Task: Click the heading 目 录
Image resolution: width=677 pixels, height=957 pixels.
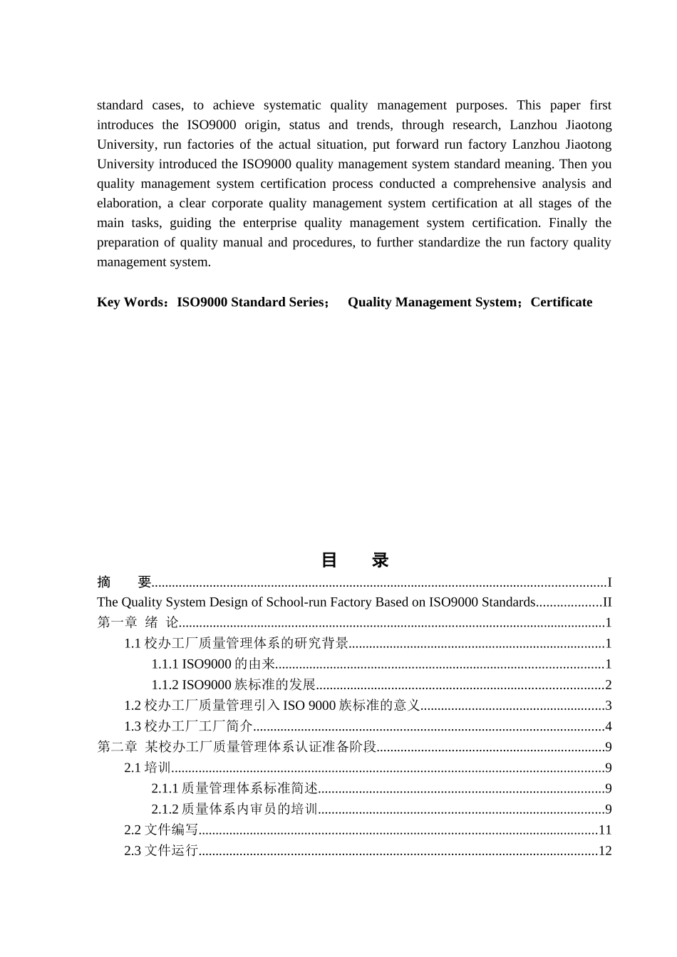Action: pos(354,560)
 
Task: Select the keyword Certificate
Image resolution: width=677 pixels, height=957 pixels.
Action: pos(561,302)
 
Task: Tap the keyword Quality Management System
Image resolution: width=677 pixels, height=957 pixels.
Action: pos(432,302)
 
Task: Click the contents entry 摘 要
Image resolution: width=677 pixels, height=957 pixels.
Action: pos(125,582)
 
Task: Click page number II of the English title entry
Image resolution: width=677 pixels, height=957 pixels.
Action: pos(607,602)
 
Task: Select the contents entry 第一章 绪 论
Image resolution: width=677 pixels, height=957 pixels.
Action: pos(138,623)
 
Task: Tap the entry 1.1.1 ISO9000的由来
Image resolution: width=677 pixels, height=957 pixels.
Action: pos(213,664)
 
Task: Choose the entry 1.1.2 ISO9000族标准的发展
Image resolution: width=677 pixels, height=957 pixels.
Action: pos(233,685)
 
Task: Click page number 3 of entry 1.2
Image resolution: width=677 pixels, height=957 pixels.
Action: pos(608,706)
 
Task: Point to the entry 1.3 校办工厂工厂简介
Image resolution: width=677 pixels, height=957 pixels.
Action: pos(188,726)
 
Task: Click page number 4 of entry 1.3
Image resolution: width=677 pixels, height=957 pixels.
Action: pos(608,726)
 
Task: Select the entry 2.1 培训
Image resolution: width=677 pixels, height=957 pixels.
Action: pos(148,768)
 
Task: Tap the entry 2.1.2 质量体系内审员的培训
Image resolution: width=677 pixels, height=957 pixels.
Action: pos(234,809)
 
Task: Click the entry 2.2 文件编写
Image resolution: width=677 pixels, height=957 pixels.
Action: pos(161,830)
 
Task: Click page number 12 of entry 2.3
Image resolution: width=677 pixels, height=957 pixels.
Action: pos(605,850)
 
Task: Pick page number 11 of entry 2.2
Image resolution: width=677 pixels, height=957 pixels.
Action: pos(605,830)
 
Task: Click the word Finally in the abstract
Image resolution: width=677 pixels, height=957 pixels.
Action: pos(567,223)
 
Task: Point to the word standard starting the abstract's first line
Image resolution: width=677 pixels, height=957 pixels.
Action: pos(120,105)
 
